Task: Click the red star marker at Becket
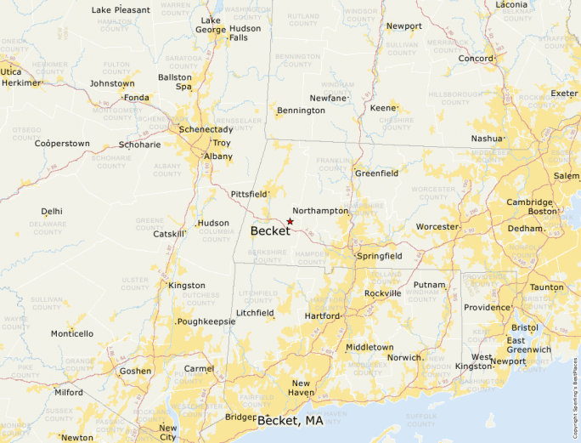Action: [x=290, y=221]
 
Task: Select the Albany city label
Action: [x=218, y=156]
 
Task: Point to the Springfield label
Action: [x=380, y=256]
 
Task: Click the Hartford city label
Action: [x=322, y=315]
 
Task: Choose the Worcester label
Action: [x=437, y=227]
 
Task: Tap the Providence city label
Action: [x=487, y=307]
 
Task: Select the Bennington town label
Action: [x=301, y=111]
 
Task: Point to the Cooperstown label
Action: [x=62, y=144]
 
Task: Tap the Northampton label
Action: [x=320, y=210]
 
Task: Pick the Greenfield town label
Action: [x=376, y=173]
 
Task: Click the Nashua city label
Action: [x=488, y=138]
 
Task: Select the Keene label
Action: [x=383, y=108]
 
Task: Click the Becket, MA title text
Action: [x=290, y=421]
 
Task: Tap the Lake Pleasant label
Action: [x=121, y=10]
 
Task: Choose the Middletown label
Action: [x=369, y=347]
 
